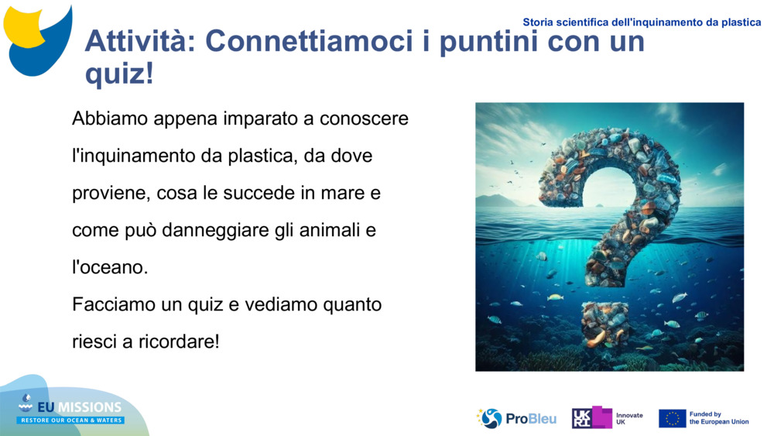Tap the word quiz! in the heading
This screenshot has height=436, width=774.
pos(119,75)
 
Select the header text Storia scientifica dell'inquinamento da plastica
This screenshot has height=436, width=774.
pos(642,22)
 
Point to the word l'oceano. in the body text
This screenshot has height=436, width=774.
pos(109,267)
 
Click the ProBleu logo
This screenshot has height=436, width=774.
pos(516,418)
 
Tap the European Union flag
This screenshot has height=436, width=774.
pos(672,418)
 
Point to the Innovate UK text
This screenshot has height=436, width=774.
pos(628,418)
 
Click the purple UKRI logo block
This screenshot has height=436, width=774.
pos(592,417)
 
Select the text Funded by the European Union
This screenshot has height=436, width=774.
pos(718,418)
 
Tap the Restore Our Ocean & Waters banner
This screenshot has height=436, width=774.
pos(71,420)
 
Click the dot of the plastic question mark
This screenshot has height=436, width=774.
pos(605,324)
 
